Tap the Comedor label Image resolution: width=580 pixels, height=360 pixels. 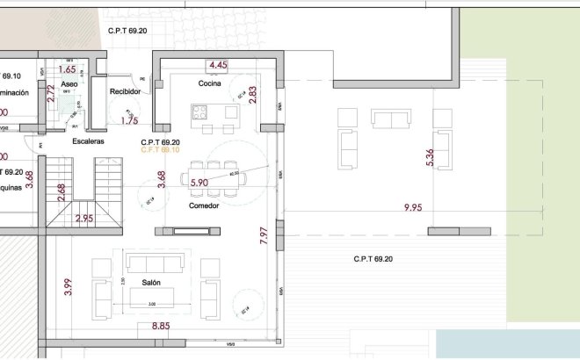click(x=204, y=205)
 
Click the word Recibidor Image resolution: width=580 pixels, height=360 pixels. click(x=126, y=91)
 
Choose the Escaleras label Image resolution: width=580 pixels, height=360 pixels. click(x=89, y=141)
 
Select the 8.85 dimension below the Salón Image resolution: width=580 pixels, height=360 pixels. click(x=160, y=327)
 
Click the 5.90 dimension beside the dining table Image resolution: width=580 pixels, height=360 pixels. click(x=199, y=183)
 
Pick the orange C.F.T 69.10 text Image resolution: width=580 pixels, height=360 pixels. click(x=160, y=150)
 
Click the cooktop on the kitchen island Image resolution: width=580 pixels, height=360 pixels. click(x=199, y=112)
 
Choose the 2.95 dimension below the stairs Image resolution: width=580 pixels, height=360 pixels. click(x=84, y=218)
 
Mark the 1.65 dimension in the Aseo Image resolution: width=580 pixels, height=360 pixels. click(x=67, y=69)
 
